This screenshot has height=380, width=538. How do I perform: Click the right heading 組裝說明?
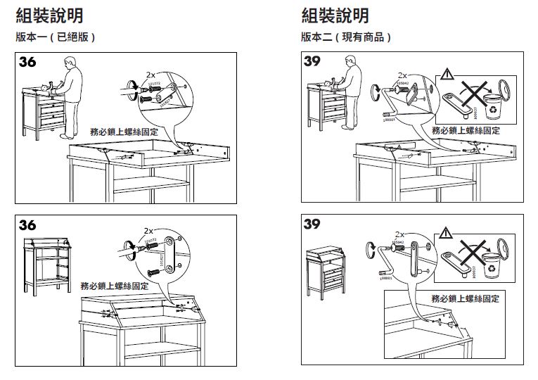(x=335, y=15)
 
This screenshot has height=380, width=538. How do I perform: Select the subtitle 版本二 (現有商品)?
(x=345, y=37)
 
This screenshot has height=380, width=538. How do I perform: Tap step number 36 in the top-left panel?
(x=28, y=63)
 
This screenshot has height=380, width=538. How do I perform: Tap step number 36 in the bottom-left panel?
(x=28, y=225)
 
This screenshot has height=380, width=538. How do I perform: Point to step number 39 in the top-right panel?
(x=314, y=63)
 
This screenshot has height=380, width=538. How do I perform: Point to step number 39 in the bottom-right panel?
(x=314, y=225)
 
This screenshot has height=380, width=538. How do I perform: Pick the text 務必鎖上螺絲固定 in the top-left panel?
(x=124, y=132)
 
